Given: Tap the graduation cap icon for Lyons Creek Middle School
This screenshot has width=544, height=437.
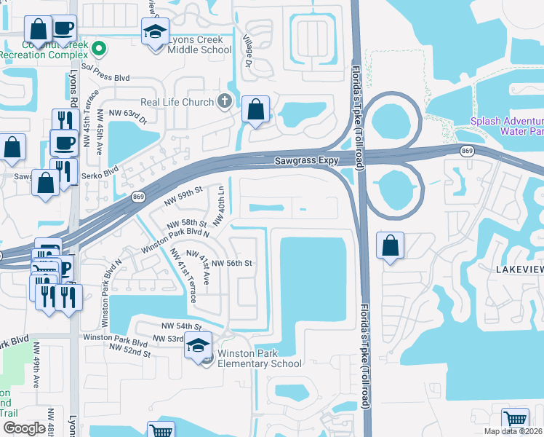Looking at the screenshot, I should (155, 33).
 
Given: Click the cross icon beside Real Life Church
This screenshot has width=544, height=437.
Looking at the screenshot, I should (225, 101).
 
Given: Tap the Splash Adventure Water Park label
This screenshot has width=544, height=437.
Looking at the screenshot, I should (506, 127).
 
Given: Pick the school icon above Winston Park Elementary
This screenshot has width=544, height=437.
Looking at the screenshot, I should (196, 347).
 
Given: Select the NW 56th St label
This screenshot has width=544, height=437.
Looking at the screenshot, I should (232, 263).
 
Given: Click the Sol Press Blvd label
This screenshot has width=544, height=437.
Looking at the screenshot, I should (111, 75).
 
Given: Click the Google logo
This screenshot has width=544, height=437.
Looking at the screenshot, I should (23, 428).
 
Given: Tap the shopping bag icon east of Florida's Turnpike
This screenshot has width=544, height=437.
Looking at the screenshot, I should (391, 246).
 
